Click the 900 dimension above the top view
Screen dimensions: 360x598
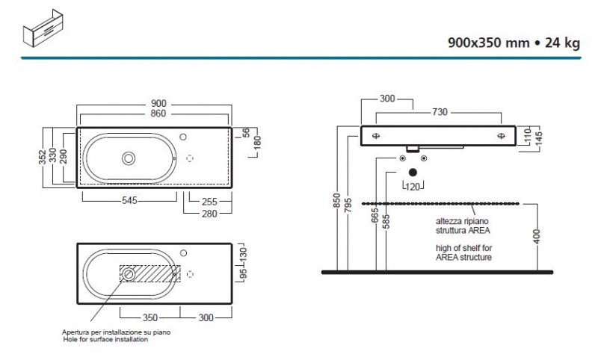point(158,104)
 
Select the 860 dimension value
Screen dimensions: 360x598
point(158,114)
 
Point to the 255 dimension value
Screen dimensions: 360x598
point(210,200)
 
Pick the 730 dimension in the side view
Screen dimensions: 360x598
point(440,112)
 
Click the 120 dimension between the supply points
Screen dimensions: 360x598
point(413,187)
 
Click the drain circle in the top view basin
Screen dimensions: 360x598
point(129,158)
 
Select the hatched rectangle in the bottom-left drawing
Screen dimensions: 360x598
point(149,274)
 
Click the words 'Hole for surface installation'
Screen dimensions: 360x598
point(105,339)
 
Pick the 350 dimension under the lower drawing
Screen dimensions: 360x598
point(149,317)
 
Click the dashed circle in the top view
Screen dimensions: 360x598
point(189,158)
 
